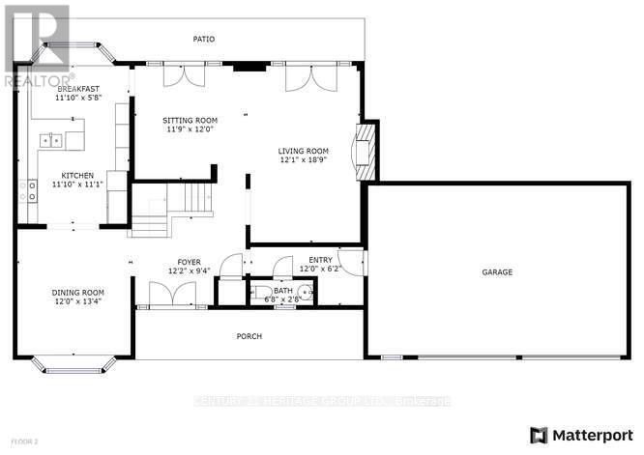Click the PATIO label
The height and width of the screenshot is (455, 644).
[x=203, y=40]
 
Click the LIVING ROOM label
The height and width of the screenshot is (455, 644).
[x=304, y=151]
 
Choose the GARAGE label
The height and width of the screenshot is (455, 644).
[x=497, y=272]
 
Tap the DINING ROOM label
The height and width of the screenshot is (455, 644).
[x=78, y=292]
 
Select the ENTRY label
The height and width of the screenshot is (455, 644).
[x=320, y=260]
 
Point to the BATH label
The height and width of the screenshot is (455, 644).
[x=283, y=290]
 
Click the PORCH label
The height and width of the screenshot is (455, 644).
[x=249, y=336]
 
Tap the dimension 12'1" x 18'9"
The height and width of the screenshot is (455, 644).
[x=304, y=160]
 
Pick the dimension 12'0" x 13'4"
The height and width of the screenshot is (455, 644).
[x=78, y=301]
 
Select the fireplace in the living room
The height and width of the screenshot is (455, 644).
[x=365, y=151]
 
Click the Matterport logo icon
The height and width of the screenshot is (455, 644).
[x=539, y=433]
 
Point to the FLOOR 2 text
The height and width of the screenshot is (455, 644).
[x=16, y=441]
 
